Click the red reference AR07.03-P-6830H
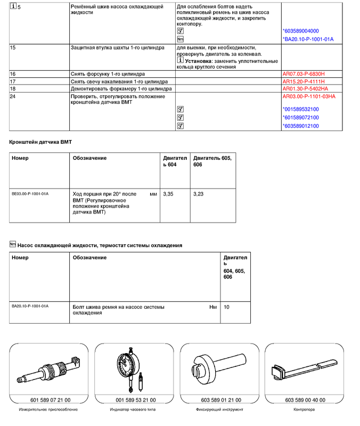pos(303,73)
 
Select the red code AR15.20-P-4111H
pos(303,81)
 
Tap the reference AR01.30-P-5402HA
pos(305,89)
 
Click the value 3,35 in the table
pos(168,194)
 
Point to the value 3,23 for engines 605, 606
pos(199,194)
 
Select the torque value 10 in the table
pos(226,307)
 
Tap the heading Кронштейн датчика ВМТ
pos(40,143)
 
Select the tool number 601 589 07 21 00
pos(47,400)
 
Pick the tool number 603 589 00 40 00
pos(305,400)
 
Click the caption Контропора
pos(305,410)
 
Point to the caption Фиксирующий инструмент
pos(219,410)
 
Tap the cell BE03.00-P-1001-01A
pos(30,194)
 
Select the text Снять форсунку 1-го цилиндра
pos(108,73)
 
